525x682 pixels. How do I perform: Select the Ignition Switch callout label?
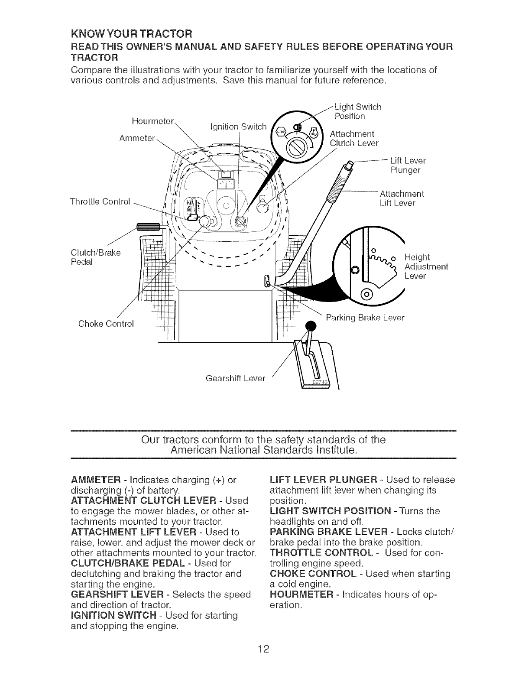pyautogui.click(x=238, y=127)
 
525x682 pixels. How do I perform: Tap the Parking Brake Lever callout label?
pyautogui.click(x=365, y=318)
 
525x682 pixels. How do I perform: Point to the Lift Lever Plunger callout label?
pyautogui.click(x=408, y=165)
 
